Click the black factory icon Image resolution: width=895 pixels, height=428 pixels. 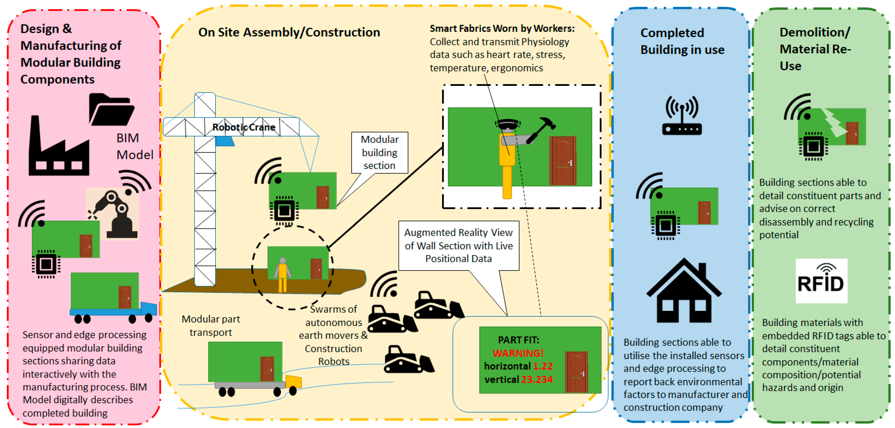click(58, 149)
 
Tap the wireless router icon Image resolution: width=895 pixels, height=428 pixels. click(682, 116)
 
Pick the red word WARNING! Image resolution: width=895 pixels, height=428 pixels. click(518, 353)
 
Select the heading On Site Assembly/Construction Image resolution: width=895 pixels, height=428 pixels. click(289, 32)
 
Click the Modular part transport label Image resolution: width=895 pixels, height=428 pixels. click(211, 326)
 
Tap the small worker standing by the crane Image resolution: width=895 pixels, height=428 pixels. click(283, 274)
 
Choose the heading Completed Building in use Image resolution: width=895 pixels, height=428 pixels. click(682, 41)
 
